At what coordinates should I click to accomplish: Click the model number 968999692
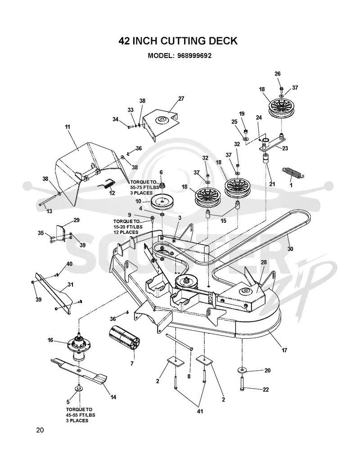pyautogui.click(x=194, y=56)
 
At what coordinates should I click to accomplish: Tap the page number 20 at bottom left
pyautogui.click(x=40, y=430)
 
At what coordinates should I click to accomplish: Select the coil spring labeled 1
pyautogui.click(x=293, y=173)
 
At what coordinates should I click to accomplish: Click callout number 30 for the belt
pyautogui.click(x=290, y=249)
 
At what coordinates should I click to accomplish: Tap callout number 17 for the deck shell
pyautogui.click(x=284, y=350)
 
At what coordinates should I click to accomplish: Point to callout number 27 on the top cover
pyautogui.click(x=181, y=99)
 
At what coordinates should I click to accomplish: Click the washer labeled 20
pyautogui.click(x=242, y=369)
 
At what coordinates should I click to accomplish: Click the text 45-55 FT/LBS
pyautogui.click(x=81, y=415)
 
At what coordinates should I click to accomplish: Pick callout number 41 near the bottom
pyautogui.click(x=200, y=411)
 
